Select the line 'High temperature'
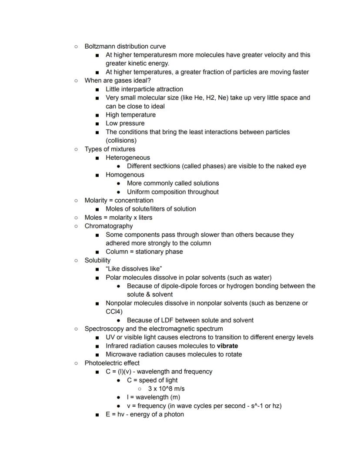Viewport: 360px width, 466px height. pos(130,115)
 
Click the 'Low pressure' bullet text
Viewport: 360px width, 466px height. pos(125,123)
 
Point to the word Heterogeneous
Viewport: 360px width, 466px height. pos(127,158)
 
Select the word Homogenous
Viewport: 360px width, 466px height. pos(125,174)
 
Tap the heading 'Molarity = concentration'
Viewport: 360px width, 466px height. pos(119,200)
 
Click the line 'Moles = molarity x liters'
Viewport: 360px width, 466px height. pos(118,217)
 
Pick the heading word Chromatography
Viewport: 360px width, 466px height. pos(109,226)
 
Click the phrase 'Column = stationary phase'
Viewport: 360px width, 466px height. pos(144,251)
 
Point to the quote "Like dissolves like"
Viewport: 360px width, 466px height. pos(133,268)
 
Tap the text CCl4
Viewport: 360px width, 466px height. pos(114,312)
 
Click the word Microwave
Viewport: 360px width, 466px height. pos(121,354)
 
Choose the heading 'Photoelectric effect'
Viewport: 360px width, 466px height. pos(112,363)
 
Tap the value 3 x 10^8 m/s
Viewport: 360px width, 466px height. pos(166,389)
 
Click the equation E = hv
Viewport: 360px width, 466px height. pos(115,414)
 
